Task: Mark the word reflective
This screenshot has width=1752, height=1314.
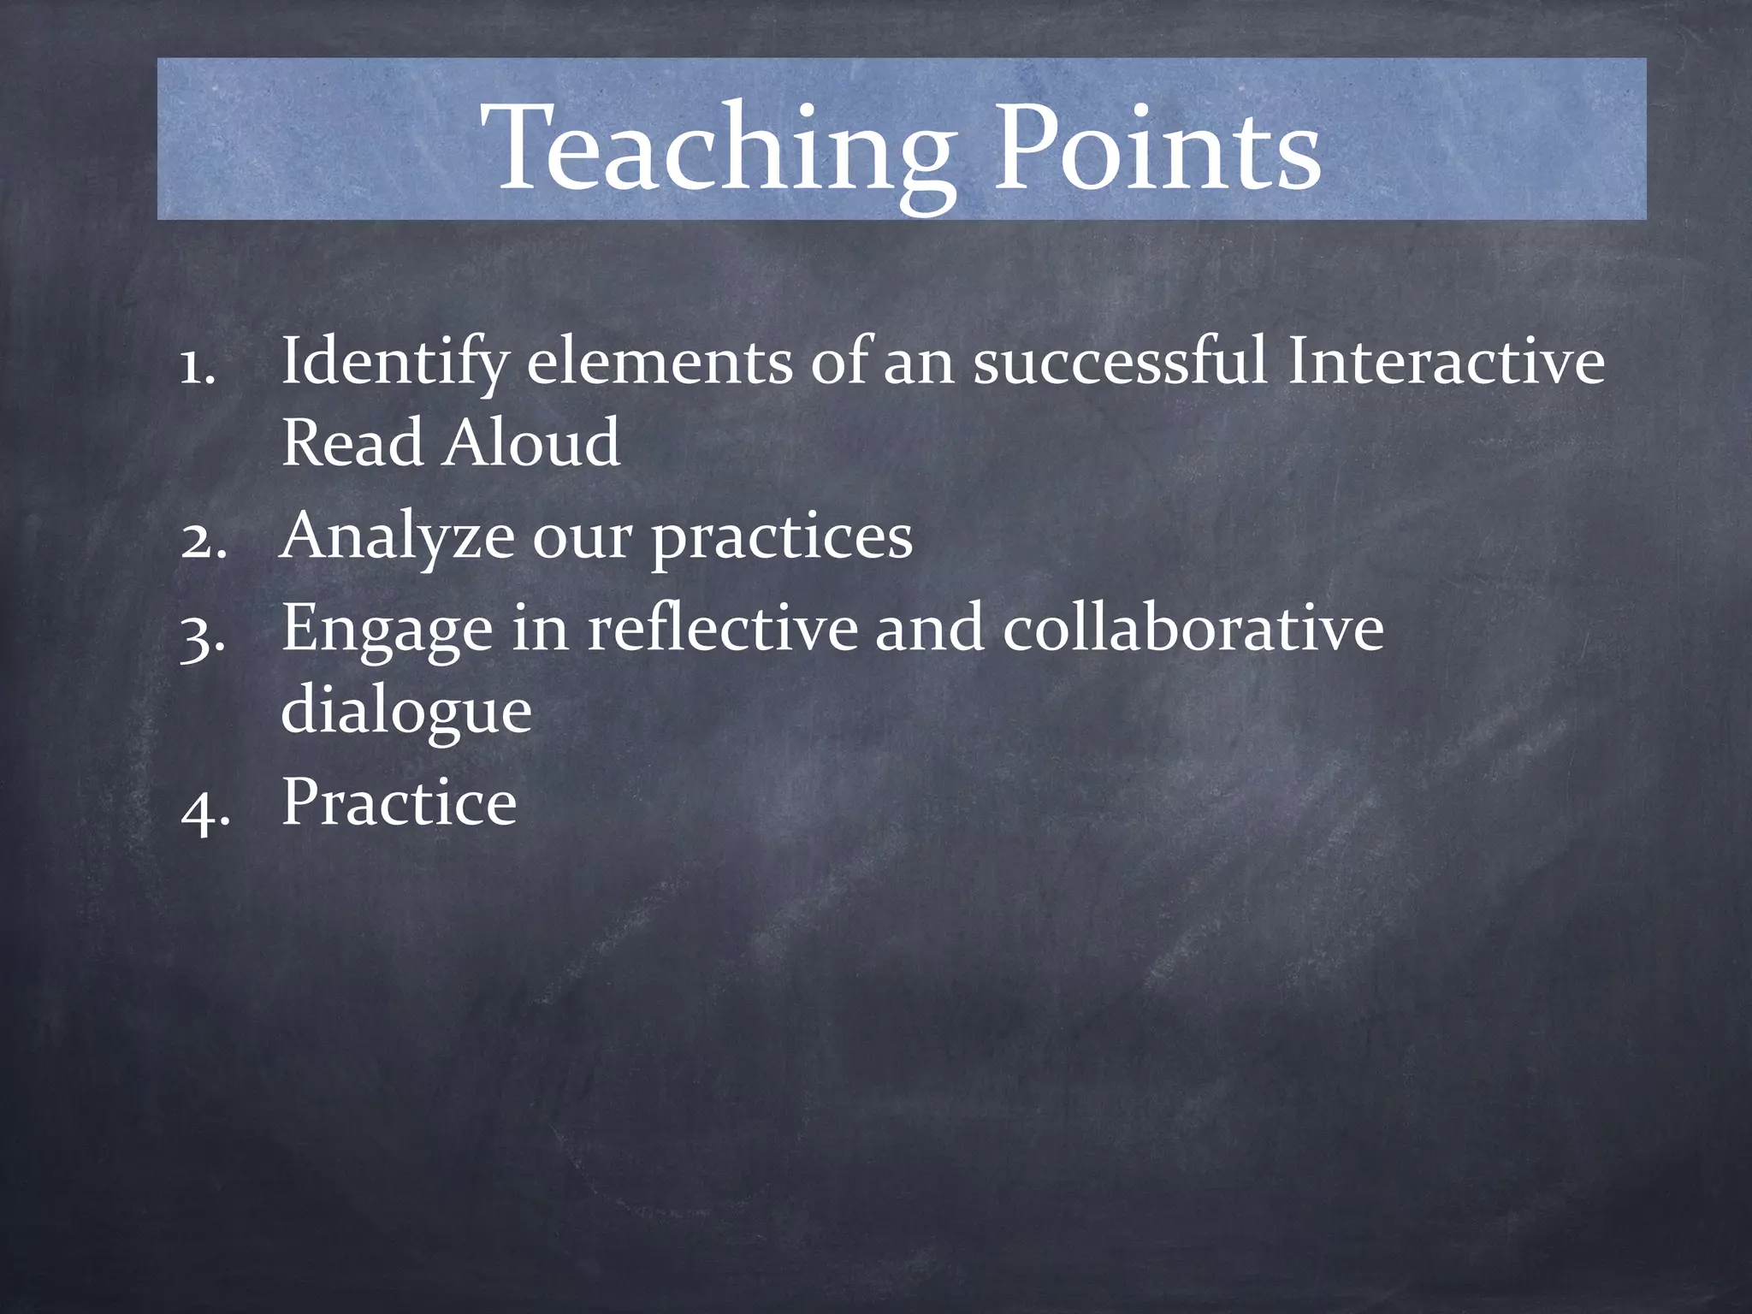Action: [x=721, y=628]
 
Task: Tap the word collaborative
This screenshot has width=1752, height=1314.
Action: [x=1193, y=628]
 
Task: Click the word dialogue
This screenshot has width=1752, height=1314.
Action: [x=406, y=712]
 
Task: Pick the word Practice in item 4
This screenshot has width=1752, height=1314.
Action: [x=399, y=802]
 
